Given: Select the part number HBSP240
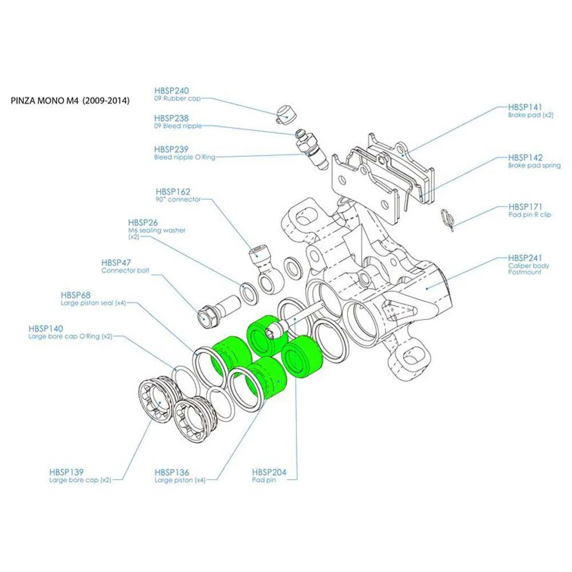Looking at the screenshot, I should (172, 90).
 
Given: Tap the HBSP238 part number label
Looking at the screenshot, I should (172, 118).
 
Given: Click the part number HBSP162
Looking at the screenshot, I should (173, 192).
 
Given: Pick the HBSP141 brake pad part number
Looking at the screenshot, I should (525, 106).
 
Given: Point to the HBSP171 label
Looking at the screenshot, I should (525, 206).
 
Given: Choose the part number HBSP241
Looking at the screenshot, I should (525, 258).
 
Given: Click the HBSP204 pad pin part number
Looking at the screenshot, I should (269, 472).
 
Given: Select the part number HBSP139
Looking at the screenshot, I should (66, 472).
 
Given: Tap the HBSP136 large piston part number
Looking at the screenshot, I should (172, 472).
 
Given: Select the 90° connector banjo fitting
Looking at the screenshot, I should (265, 269).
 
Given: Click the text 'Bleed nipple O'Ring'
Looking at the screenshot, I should (185, 157).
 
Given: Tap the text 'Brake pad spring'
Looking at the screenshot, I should (534, 165).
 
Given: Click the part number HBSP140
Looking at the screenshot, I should (46, 329).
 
